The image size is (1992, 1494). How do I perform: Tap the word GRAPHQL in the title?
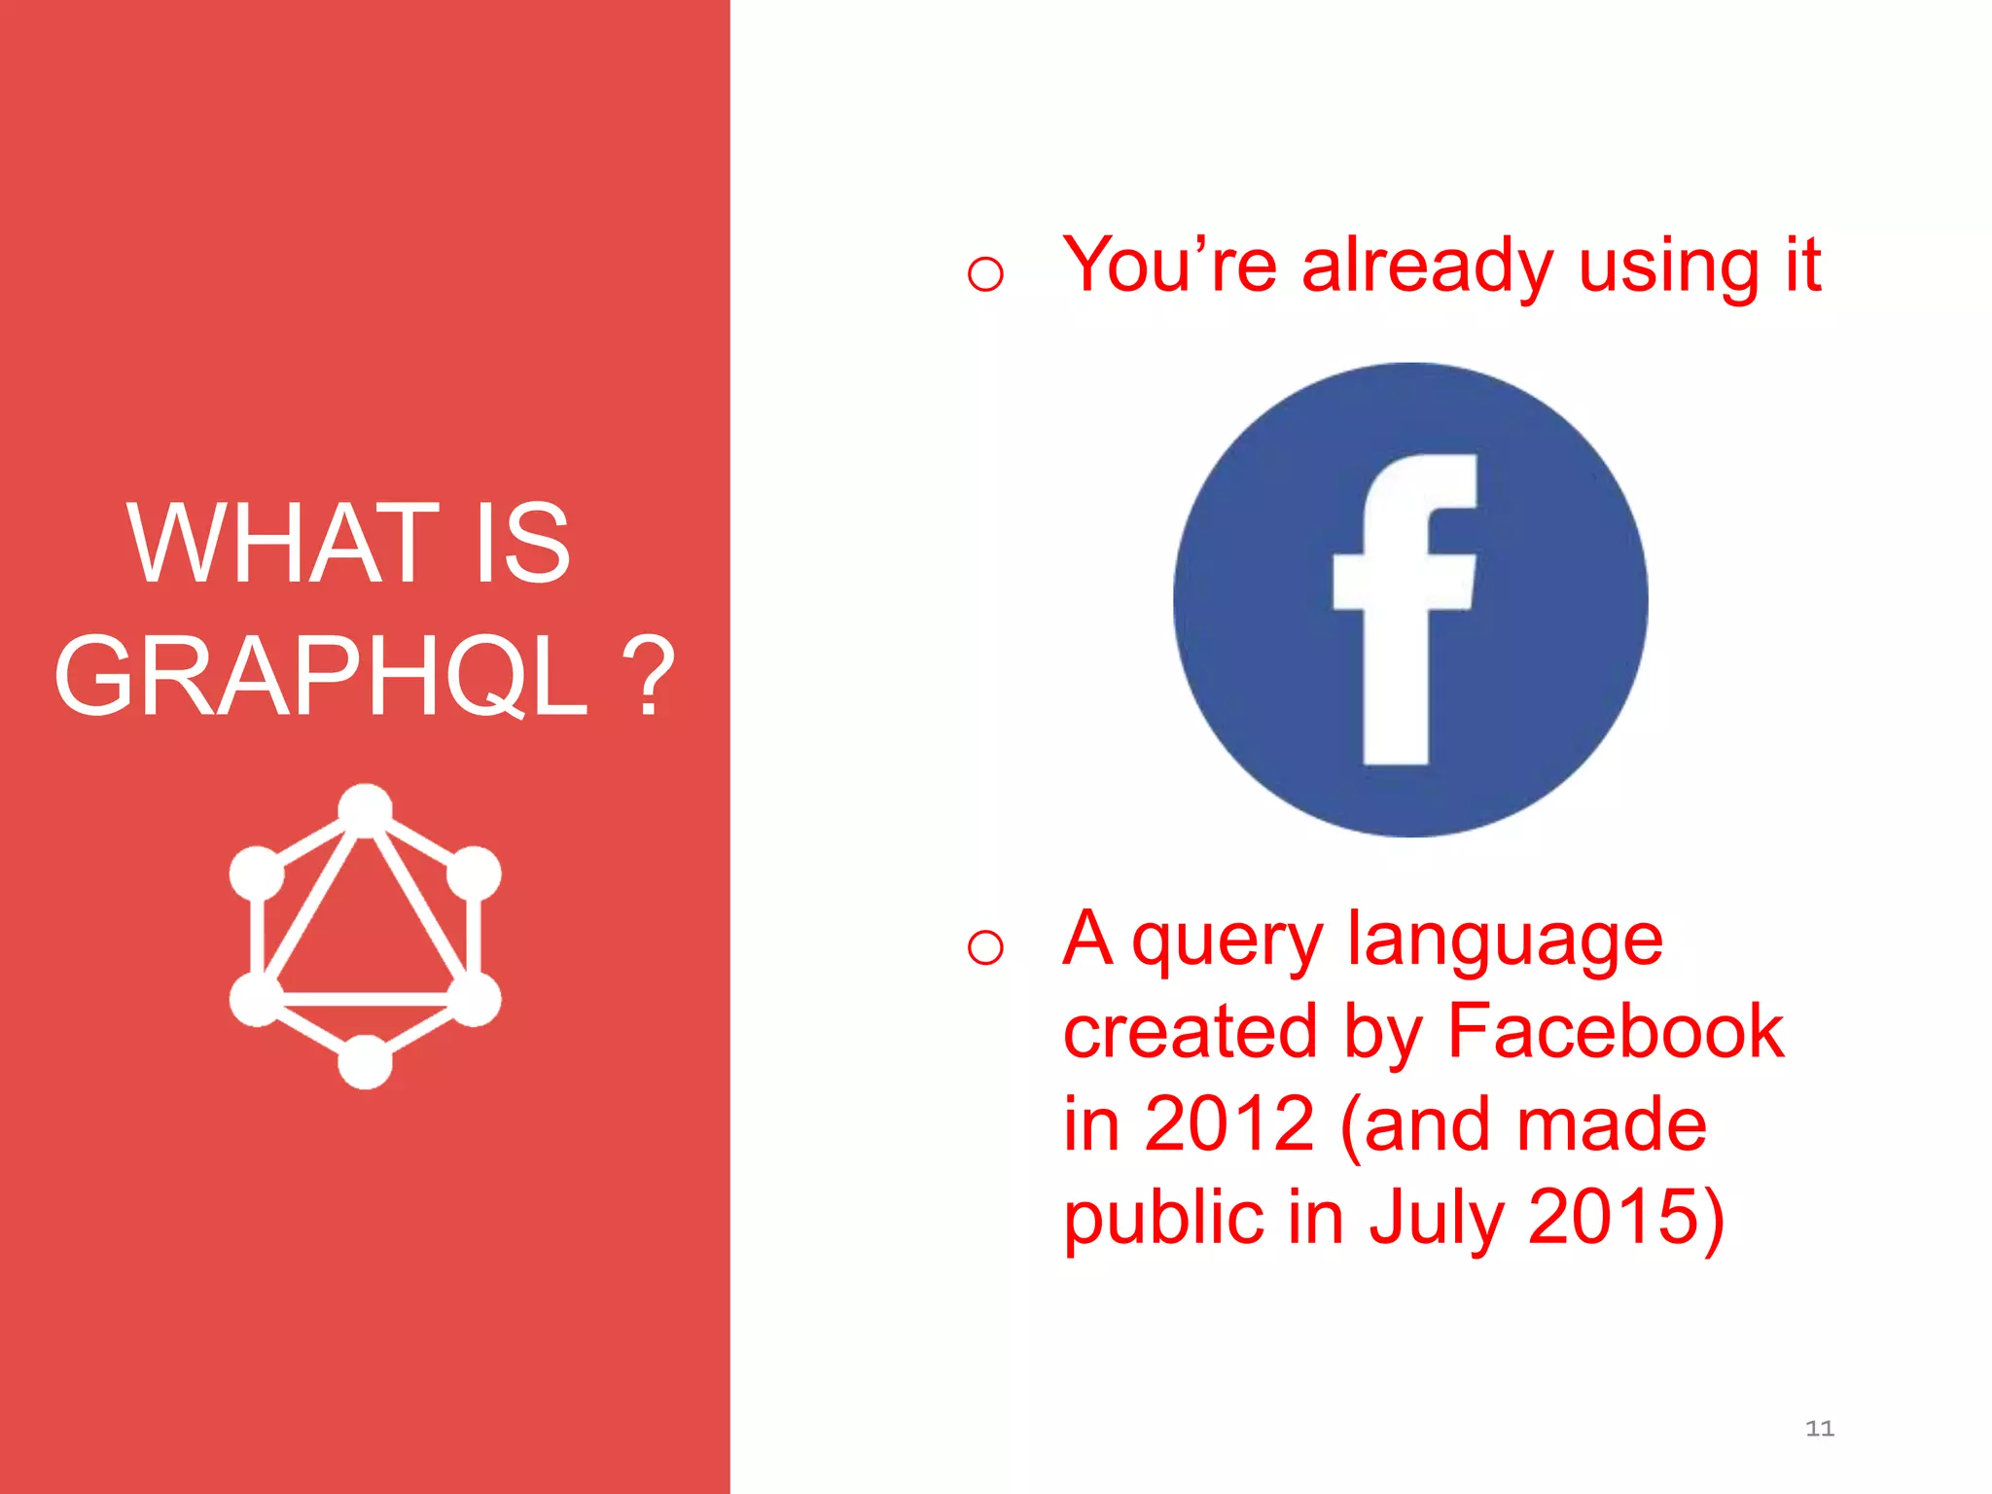point(322,675)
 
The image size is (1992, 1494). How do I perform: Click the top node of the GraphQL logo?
point(365,809)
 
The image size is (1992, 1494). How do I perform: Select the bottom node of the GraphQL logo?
point(365,1061)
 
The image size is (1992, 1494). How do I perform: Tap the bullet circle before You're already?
point(985,273)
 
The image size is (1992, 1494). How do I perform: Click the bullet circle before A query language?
point(985,946)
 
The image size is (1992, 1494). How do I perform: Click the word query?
point(1227,942)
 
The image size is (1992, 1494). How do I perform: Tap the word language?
point(1505,942)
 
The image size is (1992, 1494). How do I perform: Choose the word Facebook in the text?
point(1616,1031)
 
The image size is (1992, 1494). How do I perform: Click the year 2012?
point(1228,1123)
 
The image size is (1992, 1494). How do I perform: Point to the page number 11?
point(1819,1428)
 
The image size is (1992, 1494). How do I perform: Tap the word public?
point(1163,1218)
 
